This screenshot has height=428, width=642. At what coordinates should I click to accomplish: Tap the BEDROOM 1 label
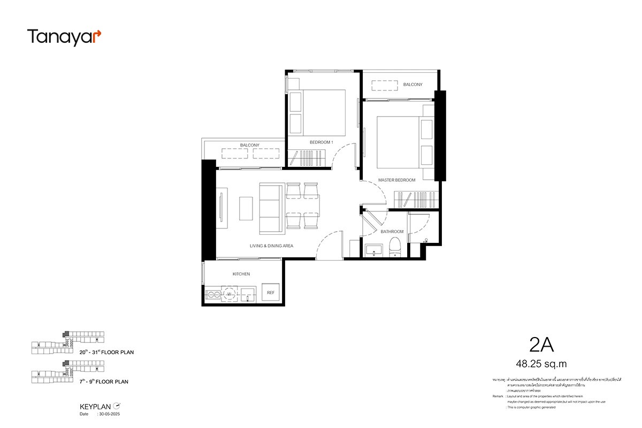tap(322, 142)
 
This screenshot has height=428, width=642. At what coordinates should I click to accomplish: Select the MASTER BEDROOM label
tap(396, 180)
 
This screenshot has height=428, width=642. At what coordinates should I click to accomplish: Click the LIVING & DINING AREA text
tap(271, 246)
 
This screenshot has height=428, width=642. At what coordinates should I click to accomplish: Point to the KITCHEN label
tap(241, 274)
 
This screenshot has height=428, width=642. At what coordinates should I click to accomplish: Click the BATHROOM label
tap(392, 232)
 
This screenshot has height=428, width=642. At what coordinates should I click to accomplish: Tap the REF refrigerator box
tap(271, 293)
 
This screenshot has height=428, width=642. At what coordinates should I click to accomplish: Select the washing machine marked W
tap(229, 293)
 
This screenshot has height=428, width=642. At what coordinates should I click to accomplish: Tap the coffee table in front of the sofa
tap(246, 208)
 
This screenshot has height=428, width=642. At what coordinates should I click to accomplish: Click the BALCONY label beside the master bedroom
tap(412, 85)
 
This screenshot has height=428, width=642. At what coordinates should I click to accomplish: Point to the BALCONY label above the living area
tap(250, 145)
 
